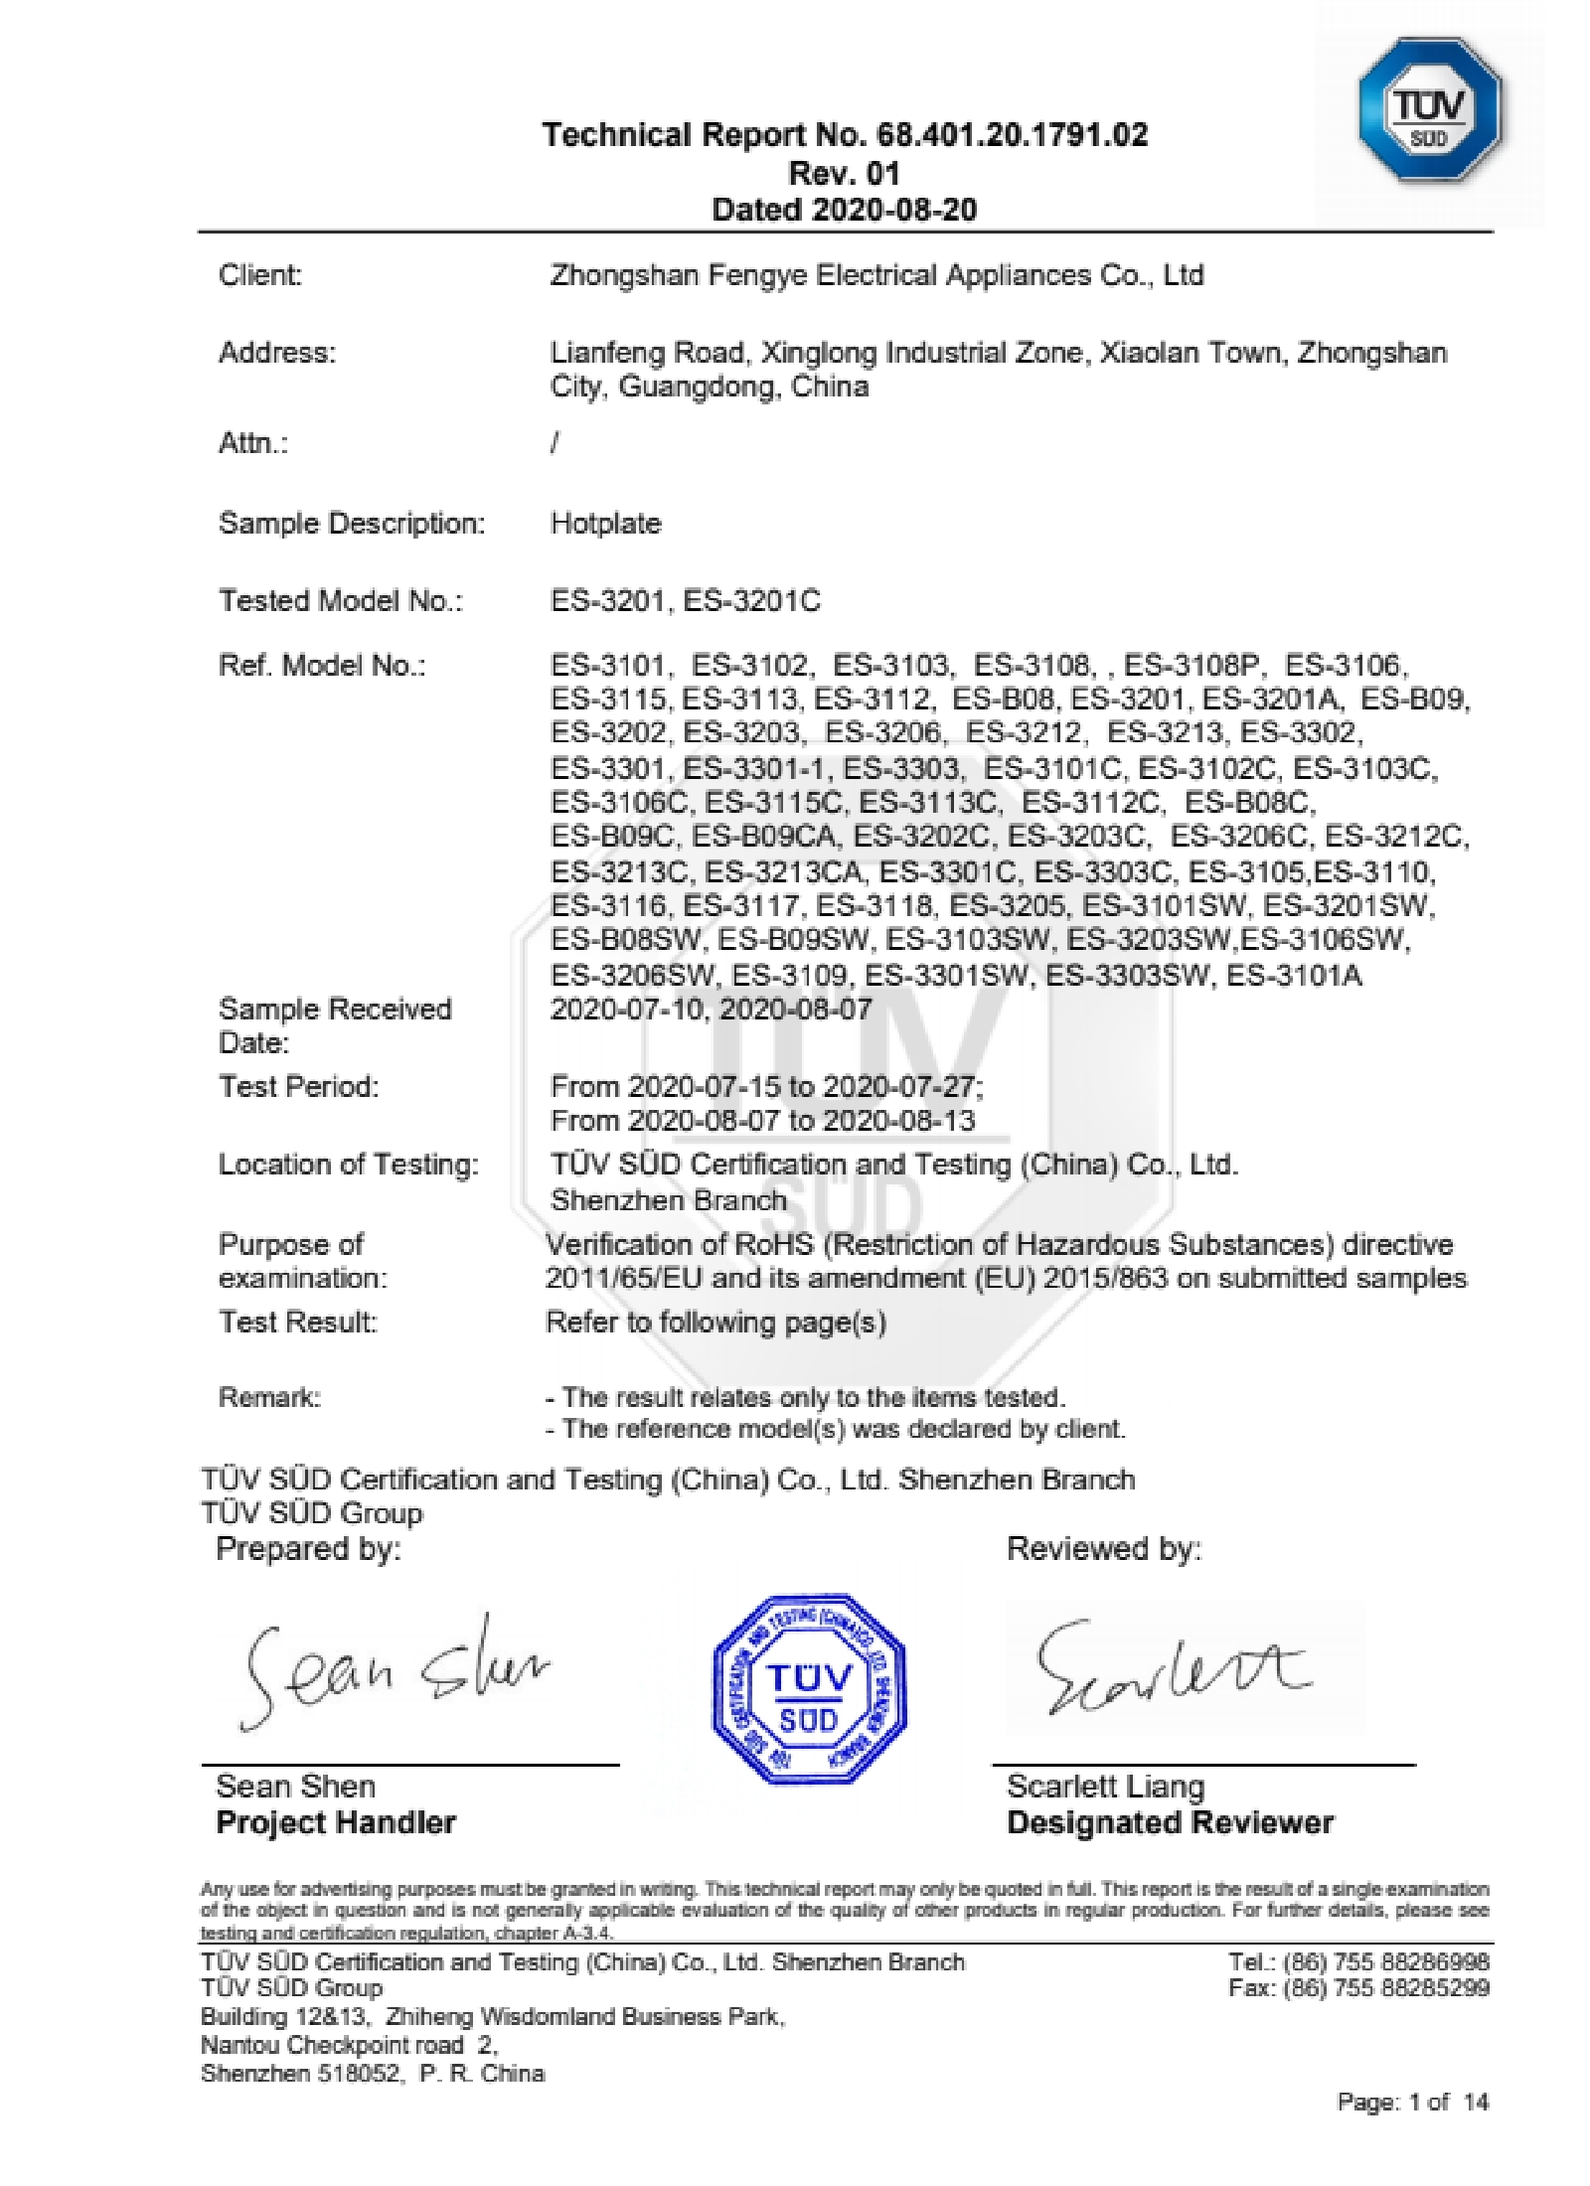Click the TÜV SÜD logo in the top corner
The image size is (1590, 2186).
[1428, 111]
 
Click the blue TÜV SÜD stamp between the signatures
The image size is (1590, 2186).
[808, 1688]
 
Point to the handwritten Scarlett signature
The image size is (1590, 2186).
[1173, 1668]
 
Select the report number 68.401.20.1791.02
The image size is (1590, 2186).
[1012, 135]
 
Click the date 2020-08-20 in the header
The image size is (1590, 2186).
[893, 210]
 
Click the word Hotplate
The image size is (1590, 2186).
[605, 524]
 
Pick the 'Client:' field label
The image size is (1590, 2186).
[260, 275]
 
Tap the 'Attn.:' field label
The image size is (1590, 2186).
[253, 443]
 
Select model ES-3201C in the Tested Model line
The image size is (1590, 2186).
[752, 601]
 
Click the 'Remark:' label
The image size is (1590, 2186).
[269, 1398]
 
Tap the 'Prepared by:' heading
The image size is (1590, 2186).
[308, 1548]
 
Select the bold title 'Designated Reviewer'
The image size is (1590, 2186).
[1170, 1822]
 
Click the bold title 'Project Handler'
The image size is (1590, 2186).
[336, 1822]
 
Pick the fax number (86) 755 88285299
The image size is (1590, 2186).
[1386, 1987]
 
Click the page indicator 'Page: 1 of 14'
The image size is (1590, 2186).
[1412, 2102]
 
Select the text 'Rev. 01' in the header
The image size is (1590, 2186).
[844, 173]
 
